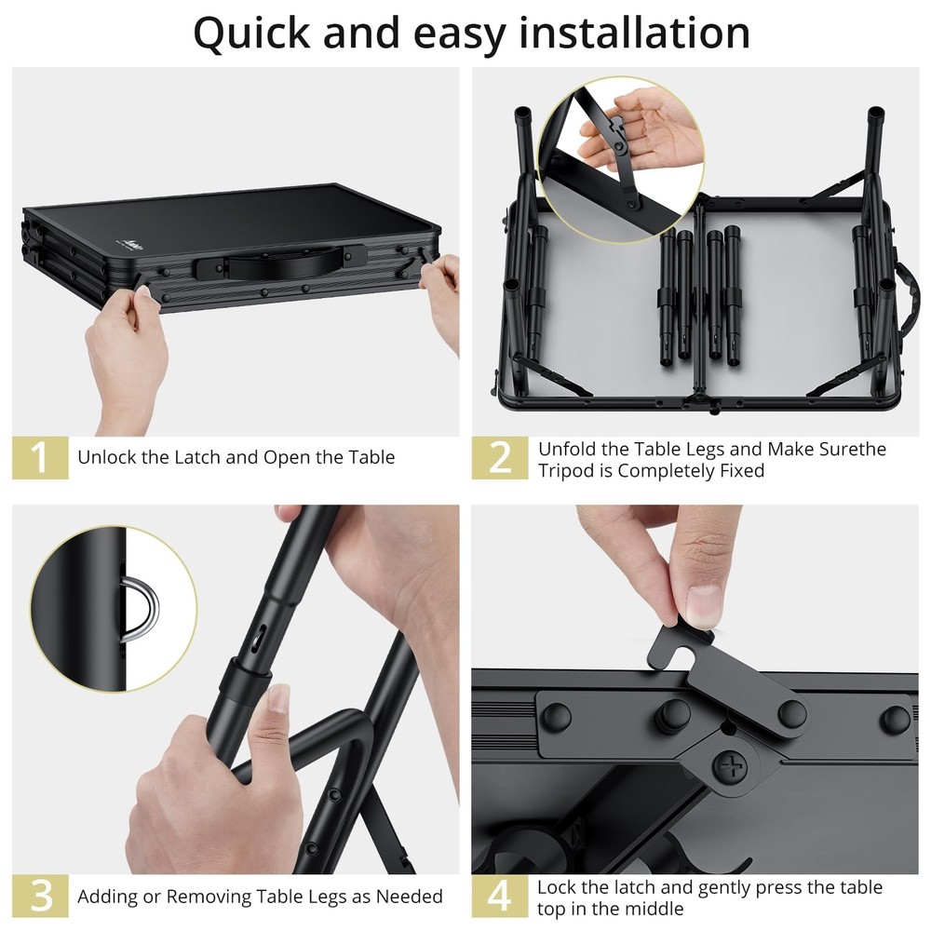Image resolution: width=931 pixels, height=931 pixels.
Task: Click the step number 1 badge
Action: [x=40, y=458]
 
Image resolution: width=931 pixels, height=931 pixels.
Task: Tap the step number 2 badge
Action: [x=500, y=458]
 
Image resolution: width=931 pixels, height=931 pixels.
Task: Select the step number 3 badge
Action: [x=40, y=896]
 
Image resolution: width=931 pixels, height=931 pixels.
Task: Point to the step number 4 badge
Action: [x=500, y=896]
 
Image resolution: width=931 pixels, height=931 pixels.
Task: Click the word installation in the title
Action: [x=634, y=33]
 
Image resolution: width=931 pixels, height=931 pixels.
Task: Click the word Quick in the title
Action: [x=251, y=33]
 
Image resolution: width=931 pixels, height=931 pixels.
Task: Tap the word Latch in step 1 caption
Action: [x=194, y=457]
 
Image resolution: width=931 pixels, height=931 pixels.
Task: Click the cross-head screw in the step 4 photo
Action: [x=728, y=768]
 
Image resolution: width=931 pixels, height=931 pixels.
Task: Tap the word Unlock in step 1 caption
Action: [x=107, y=457]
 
